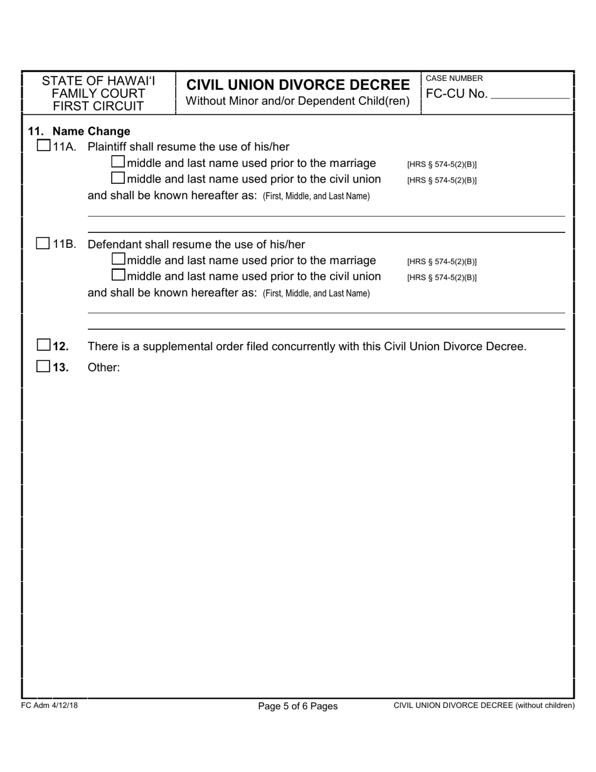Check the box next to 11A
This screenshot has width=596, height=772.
pos(43,147)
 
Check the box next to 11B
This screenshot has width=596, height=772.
pos(43,244)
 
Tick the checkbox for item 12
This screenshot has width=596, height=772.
pos(43,346)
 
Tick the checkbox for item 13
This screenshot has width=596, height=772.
pos(43,367)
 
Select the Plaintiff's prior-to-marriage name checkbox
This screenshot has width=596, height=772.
pos(118,163)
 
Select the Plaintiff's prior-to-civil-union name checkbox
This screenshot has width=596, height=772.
pos(118,180)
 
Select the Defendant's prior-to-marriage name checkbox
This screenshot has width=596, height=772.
pos(118,260)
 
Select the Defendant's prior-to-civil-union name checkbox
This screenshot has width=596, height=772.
pos(118,276)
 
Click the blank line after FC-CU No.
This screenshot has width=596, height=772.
pos(529,95)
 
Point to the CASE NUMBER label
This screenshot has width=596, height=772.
pos(454,78)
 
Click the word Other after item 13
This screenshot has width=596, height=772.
pos(104,368)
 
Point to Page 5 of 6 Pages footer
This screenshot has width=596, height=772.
pos(298,706)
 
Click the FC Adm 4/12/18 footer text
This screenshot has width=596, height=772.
pos(49,705)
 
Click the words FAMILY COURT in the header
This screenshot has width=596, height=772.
pos(98,94)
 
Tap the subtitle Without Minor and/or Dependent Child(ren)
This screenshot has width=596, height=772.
pos(298,101)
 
